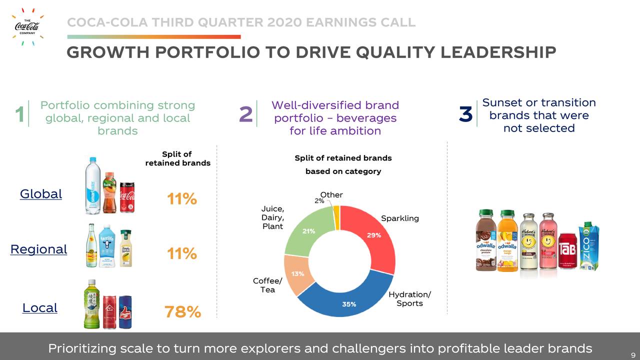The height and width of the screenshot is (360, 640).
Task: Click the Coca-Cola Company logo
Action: [x=27, y=26]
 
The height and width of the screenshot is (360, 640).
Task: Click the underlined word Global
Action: [x=41, y=194]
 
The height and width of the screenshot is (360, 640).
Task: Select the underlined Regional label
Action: [x=38, y=249]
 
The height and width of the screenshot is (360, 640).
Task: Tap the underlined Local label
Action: [x=40, y=308]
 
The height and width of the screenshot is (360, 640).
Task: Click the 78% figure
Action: [x=182, y=312]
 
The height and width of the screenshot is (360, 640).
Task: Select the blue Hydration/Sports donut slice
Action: [x=345, y=300]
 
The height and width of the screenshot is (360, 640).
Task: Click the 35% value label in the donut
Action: [x=349, y=304]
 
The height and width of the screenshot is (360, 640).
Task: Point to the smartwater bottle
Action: [x=92, y=186]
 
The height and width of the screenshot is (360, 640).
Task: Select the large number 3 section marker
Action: [x=465, y=114]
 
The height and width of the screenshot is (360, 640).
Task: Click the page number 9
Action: [x=632, y=354]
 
